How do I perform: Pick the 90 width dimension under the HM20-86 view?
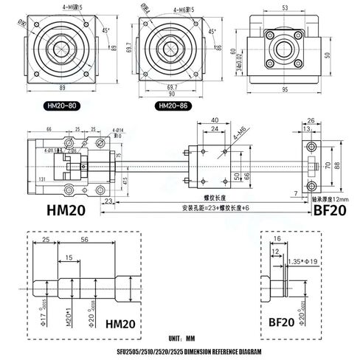coord(171,94)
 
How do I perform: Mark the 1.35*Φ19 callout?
coord(303,261)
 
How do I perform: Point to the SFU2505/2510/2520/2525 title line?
coord(180,351)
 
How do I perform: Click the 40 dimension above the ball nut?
coord(214,120)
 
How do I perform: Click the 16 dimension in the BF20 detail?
coord(277,240)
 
